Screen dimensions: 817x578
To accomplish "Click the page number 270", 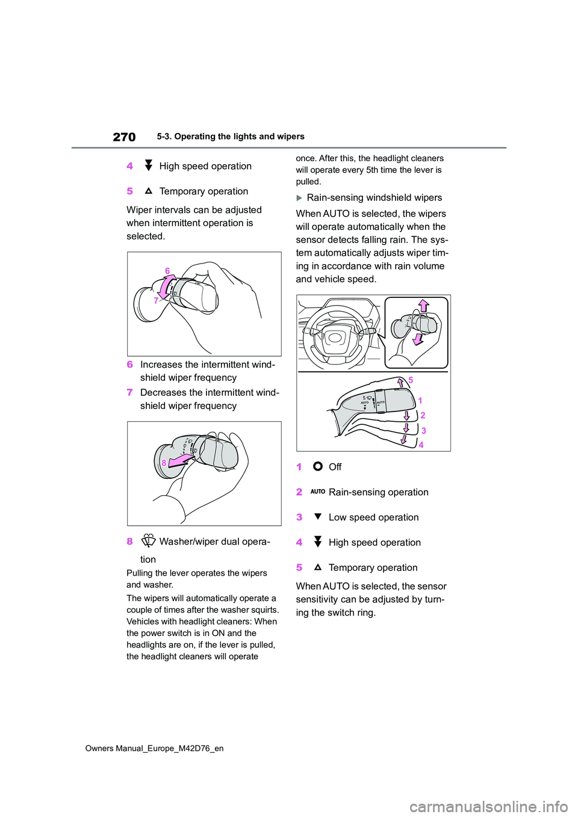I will (124, 137).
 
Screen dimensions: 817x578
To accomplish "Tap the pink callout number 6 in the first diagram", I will (167, 271).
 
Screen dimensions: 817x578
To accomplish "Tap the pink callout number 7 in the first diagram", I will (156, 300).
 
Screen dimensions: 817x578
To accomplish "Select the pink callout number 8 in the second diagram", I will (164, 463).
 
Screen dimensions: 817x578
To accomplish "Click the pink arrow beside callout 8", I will (181, 461).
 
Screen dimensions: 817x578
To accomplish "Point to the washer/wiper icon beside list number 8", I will (148, 541).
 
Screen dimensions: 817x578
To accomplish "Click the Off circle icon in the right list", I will (318, 466).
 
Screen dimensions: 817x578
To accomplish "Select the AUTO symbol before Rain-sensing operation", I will (318, 492).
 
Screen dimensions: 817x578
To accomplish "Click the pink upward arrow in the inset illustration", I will (424, 306).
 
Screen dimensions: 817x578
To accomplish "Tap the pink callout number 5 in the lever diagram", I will (411, 380).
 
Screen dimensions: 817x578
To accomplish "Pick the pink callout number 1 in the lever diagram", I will (420, 401).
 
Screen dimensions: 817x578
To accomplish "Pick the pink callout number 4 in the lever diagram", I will (421, 445).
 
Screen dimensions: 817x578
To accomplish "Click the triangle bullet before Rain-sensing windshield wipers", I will (300, 198).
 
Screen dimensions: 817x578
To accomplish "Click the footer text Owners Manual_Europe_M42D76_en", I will (154, 748).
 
